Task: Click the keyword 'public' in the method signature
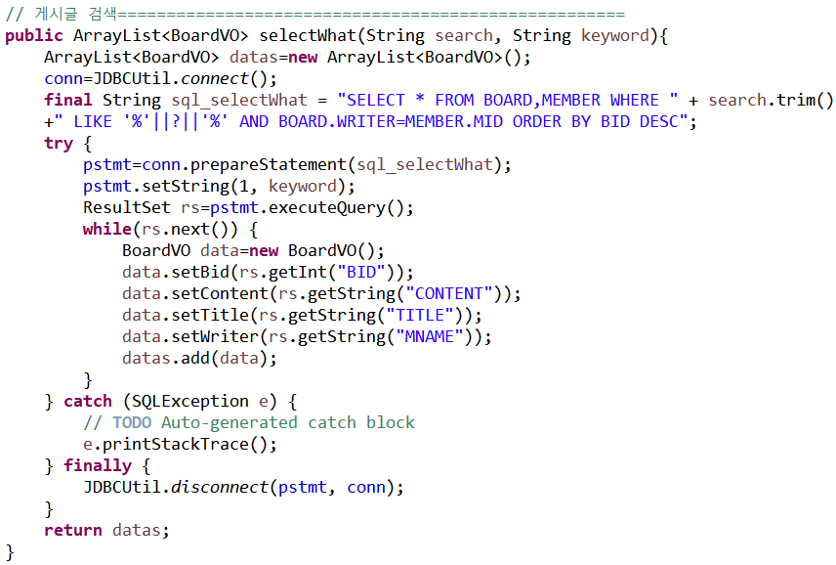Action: pos(34,36)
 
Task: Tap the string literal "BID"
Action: pos(370,272)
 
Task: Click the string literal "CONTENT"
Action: pos(448,293)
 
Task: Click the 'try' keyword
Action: pos(59,143)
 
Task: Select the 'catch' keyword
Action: pos(88,401)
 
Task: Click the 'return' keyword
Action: pos(73,530)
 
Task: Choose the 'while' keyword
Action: pos(107,229)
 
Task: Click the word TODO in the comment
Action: pos(132,422)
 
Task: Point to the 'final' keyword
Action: pos(68,100)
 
